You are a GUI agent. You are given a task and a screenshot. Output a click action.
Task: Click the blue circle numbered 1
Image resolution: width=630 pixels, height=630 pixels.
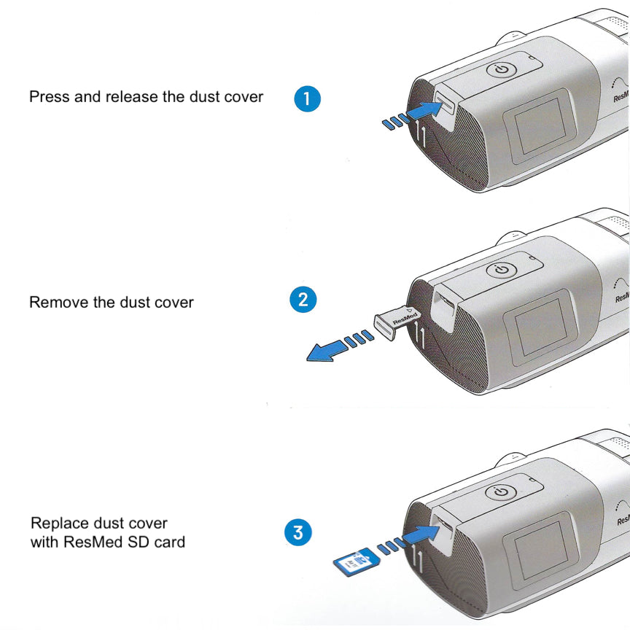[307, 98]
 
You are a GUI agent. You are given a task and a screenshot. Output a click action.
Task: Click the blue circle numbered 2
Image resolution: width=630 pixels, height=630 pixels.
[303, 300]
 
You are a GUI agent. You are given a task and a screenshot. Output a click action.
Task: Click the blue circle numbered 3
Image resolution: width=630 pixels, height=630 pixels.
[297, 532]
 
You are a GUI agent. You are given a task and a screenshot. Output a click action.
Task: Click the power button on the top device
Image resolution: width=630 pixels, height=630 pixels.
[502, 71]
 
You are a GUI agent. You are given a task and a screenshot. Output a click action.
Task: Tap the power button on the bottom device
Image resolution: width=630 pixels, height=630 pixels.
[501, 492]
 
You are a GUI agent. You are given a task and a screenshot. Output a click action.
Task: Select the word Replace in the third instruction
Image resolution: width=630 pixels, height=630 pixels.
[60, 524]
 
